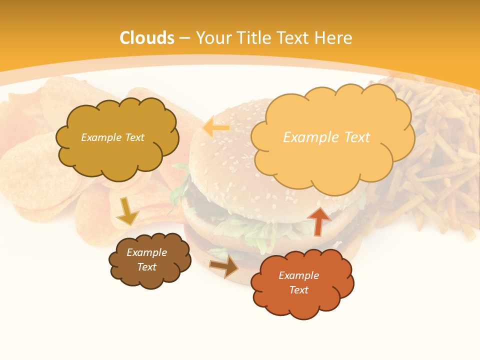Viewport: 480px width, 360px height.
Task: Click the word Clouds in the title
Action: click(147, 38)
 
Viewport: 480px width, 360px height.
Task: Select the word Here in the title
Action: click(334, 38)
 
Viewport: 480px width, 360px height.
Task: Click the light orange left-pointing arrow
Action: click(216, 128)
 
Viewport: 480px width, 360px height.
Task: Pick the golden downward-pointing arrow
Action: click(127, 211)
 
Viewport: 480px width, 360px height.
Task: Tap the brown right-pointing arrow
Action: click(224, 266)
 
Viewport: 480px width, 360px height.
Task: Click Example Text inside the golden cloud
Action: click(112, 137)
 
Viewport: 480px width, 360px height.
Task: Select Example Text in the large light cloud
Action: click(326, 137)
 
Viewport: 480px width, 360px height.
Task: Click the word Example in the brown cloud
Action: click(146, 252)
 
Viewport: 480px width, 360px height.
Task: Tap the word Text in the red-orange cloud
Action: click(298, 290)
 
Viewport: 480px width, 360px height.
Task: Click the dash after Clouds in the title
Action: click(184, 38)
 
